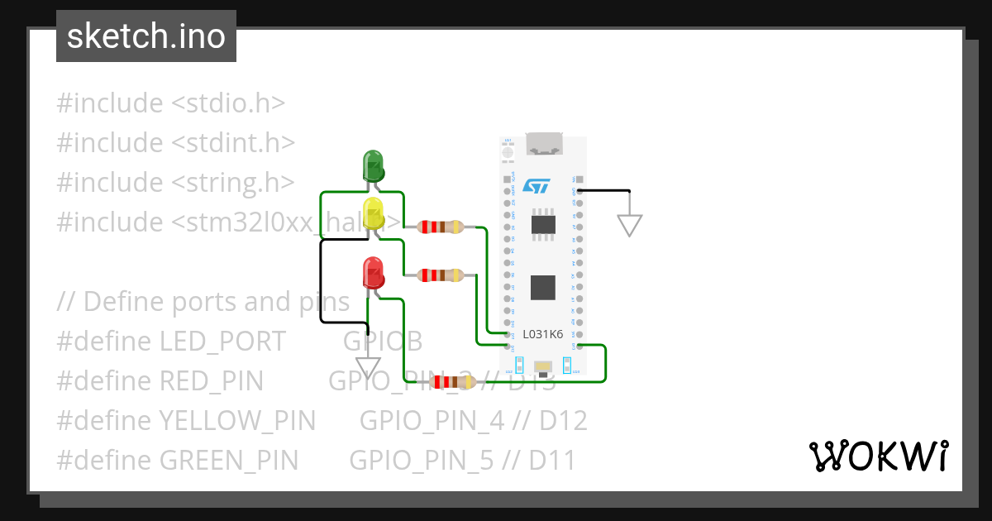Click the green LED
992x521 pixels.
[x=373, y=165]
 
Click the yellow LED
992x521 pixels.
[x=373, y=213]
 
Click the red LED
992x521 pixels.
[x=373, y=273]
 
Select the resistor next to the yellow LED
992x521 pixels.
[x=441, y=227]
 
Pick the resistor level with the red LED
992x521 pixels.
[x=441, y=275]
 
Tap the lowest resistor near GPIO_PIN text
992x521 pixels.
[x=452, y=381]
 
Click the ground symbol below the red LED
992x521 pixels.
[x=367, y=366]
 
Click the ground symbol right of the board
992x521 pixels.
[x=630, y=224]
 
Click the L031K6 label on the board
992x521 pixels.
[x=542, y=334]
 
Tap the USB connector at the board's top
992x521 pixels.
[x=543, y=145]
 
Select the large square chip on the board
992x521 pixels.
[x=543, y=287]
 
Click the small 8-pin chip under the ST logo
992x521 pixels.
[x=543, y=224]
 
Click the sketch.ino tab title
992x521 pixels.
[x=146, y=36]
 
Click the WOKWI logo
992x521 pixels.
[x=877, y=456]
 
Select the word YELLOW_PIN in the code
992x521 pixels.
[x=236, y=421]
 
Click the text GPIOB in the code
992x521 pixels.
[x=383, y=342]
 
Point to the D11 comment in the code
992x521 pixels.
[x=553, y=460]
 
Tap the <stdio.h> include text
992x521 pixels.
[x=228, y=103]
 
